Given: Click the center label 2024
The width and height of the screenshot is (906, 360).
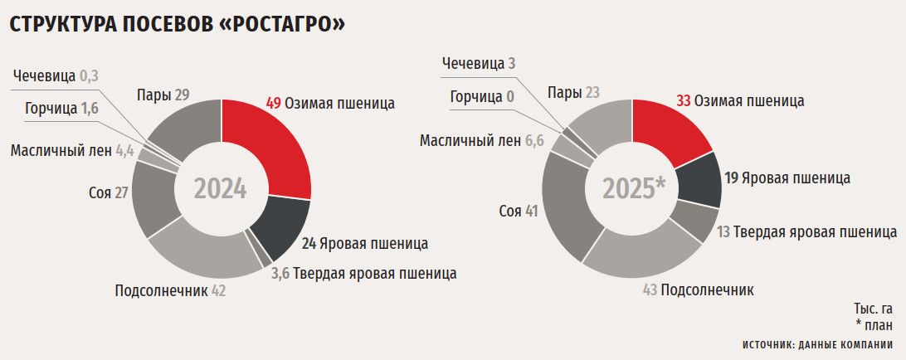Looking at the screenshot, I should (221, 189).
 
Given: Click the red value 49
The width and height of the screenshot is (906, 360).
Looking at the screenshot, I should (274, 104).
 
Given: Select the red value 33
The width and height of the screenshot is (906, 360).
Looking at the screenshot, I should (684, 100).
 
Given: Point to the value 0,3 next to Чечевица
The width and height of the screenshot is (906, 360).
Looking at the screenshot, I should (90, 76).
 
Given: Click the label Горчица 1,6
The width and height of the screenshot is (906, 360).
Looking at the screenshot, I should (61, 108).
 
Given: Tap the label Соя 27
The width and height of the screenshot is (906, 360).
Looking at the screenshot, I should (108, 193).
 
